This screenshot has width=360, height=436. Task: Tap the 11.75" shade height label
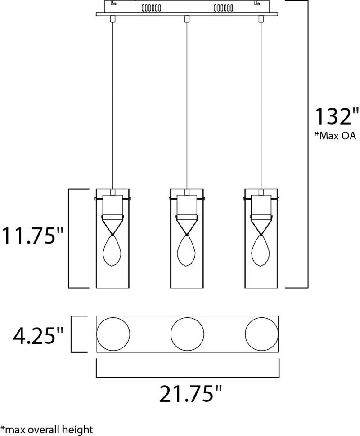33,236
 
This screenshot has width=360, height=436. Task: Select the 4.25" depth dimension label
38,335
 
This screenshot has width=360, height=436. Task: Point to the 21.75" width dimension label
190,394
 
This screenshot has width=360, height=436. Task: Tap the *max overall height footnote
46,429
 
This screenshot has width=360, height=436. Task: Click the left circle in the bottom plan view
113,334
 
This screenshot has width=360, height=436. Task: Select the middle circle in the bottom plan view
187,334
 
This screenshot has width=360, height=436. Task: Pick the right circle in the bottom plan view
262,334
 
